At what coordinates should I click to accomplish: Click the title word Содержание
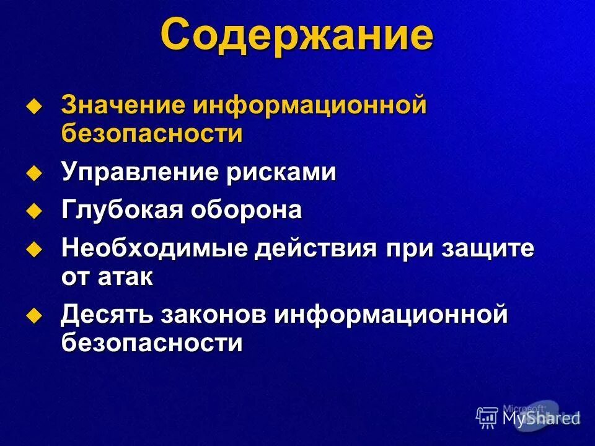pos(297,36)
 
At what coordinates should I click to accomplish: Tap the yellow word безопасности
pos(152,134)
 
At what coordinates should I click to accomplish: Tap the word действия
pos(317,249)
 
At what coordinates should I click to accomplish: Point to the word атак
pos(125,277)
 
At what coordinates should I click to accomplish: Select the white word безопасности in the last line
pos(152,343)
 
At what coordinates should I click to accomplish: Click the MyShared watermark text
pos(540,418)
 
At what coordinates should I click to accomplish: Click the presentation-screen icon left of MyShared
pos(487,418)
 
